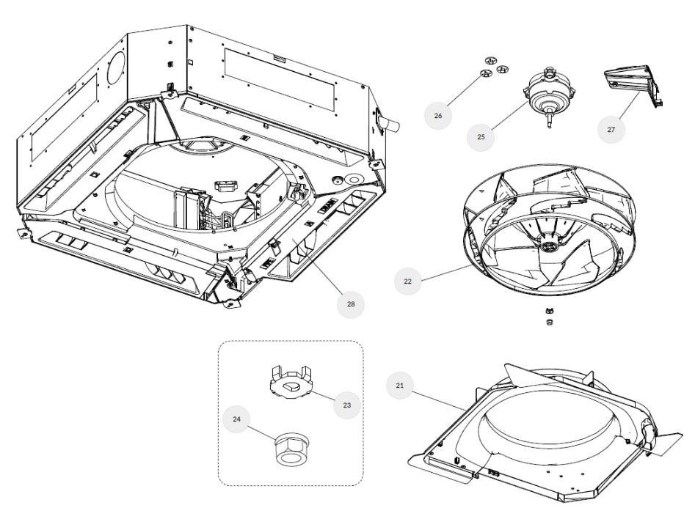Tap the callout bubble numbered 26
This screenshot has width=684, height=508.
(x=438, y=115)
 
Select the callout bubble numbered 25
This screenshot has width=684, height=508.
(x=481, y=136)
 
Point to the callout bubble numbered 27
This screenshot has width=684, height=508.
(x=611, y=129)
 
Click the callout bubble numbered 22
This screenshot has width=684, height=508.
(x=407, y=281)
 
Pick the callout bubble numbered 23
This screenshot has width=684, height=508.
(x=346, y=405)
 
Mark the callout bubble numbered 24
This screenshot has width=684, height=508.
(x=236, y=419)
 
